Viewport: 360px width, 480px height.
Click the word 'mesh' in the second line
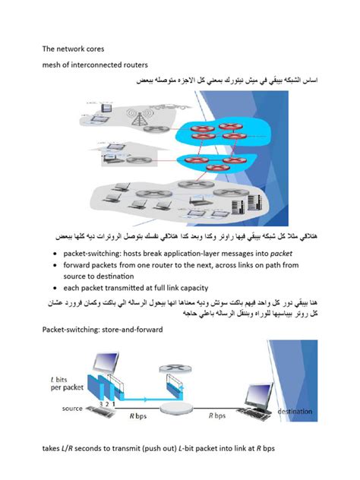coord(53,64)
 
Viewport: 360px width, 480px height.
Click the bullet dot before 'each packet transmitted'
coord(57,289)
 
